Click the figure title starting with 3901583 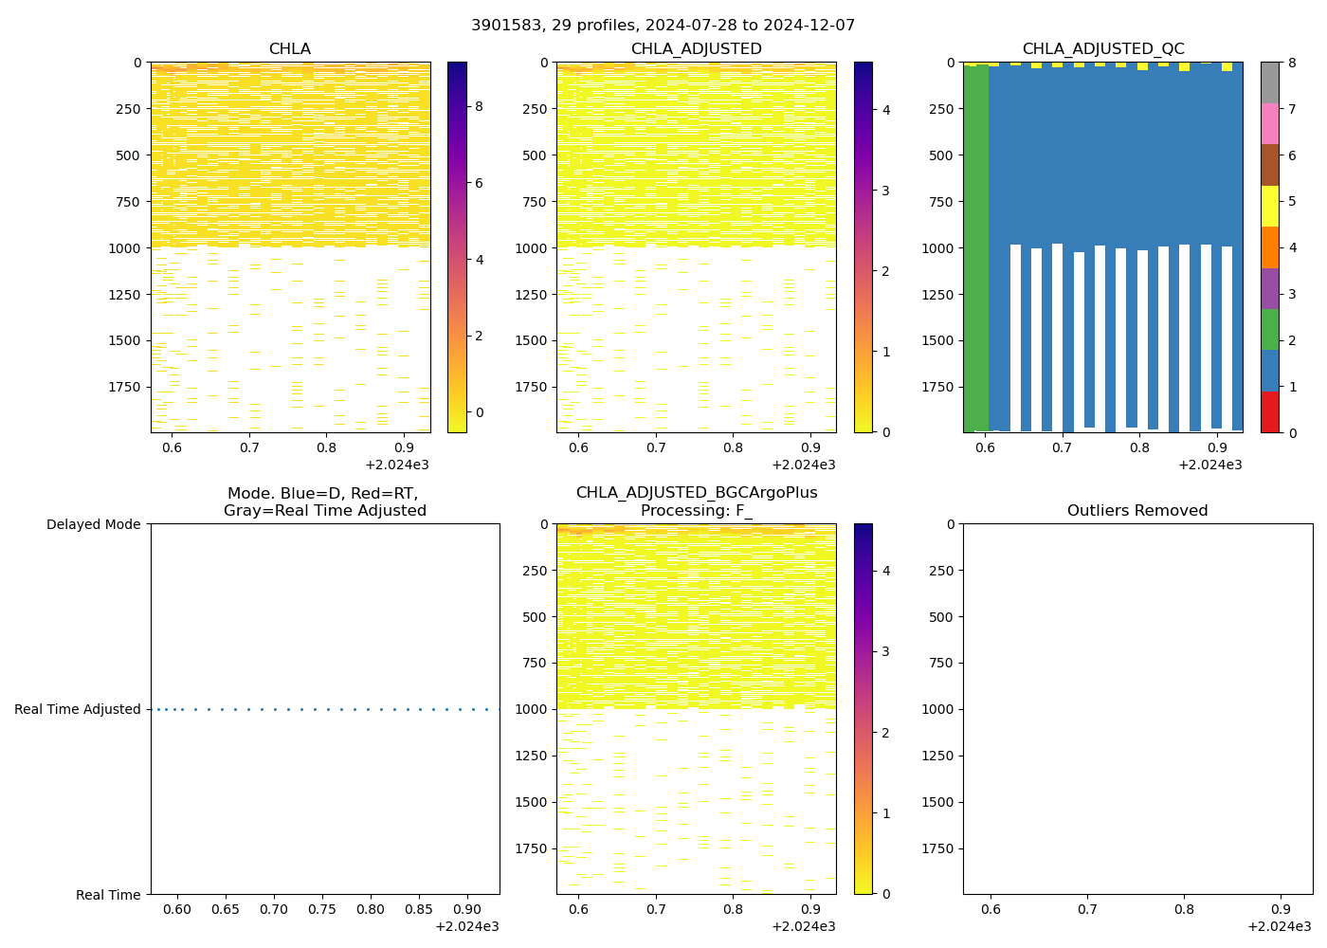(x=663, y=26)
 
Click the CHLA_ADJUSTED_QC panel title (x=1102, y=49)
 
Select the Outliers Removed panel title (x=1136, y=511)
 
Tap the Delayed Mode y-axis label (x=93, y=524)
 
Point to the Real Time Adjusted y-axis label (x=77, y=709)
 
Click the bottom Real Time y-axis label (x=108, y=895)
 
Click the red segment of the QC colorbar (x=1269, y=412)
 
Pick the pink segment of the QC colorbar (x=1269, y=123)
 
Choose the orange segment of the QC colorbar (x=1269, y=247)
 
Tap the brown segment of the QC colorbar (x=1269, y=165)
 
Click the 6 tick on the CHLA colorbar (x=479, y=183)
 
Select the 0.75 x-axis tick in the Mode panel (x=322, y=910)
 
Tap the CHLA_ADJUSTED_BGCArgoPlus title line (x=696, y=493)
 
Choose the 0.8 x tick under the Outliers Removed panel (x=1184, y=910)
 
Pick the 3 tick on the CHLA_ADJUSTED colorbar (x=886, y=191)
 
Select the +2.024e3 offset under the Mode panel (x=466, y=926)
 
